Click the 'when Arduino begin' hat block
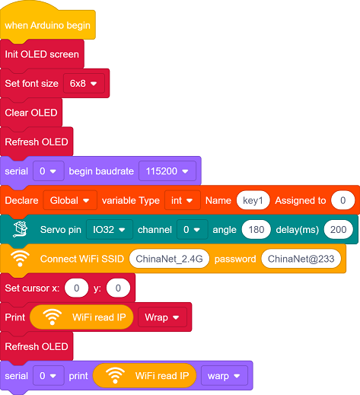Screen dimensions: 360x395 [48, 25]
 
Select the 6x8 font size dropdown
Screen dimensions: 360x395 [84, 84]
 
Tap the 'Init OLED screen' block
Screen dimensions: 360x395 [42, 54]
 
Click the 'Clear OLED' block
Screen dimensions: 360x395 [31, 113]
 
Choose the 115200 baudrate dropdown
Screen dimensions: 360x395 [167, 171]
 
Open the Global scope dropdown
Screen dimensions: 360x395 [70, 200]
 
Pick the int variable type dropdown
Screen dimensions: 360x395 [183, 200]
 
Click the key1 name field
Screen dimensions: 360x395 [253, 200]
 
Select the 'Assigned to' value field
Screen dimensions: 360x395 [342, 200]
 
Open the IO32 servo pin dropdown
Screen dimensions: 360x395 [110, 230]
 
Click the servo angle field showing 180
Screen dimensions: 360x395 [256, 230]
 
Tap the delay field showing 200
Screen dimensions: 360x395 [339, 230]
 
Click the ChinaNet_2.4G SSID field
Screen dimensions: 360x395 [169, 259]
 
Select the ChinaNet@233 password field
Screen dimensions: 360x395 [301, 259]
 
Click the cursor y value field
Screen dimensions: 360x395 [118, 288]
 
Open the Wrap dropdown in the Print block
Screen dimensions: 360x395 [162, 317]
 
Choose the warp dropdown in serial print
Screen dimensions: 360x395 [225, 376]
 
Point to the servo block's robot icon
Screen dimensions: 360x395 [21, 229]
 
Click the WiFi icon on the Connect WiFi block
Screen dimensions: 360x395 [20, 259]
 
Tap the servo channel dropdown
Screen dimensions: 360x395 [193, 230]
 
